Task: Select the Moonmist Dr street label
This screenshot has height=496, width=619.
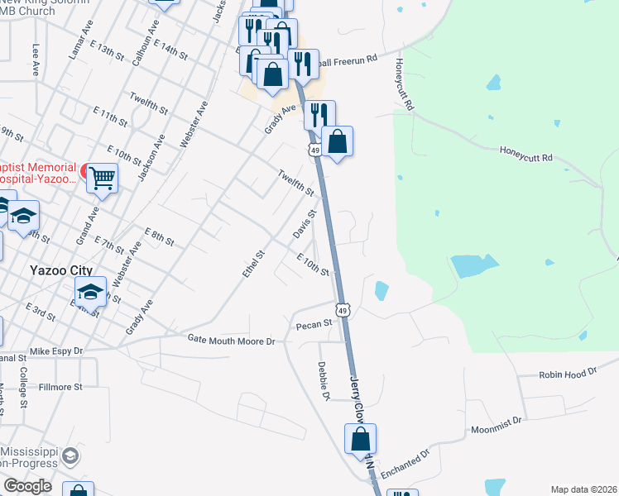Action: pyautogui.click(x=497, y=425)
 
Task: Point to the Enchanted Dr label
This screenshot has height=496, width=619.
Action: pyautogui.click(x=406, y=460)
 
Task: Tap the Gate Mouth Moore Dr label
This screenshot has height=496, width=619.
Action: pyautogui.click(x=230, y=341)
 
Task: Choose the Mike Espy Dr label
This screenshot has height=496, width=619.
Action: pyautogui.click(x=56, y=351)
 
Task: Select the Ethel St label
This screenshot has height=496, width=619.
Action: pyautogui.click(x=254, y=265)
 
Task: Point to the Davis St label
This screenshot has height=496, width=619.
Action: pyautogui.click(x=305, y=223)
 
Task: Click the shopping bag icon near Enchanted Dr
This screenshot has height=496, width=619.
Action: pyautogui.click(x=361, y=439)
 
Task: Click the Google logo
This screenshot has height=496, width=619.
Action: pyautogui.click(x=27, y=486)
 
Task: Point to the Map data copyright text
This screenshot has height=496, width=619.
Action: pyautogui.click(x=583, y=489)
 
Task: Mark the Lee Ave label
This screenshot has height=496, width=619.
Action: pyautogui.click(x=36, y=55)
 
